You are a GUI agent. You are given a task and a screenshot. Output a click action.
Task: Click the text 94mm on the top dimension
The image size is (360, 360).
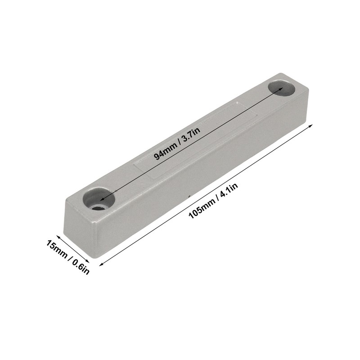(x=165, y=148)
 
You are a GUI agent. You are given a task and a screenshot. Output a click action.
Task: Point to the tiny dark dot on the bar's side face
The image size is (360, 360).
(x=190, y=197)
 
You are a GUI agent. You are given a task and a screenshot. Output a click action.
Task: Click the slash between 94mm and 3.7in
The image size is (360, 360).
(x=178, y=139)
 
